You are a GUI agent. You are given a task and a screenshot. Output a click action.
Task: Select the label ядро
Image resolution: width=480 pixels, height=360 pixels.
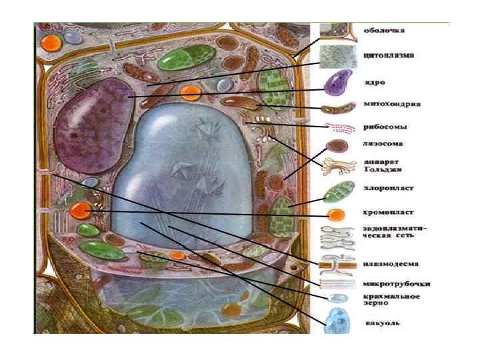pos(373,84)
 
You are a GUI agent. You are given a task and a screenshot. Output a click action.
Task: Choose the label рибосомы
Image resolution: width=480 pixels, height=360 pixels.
pos(385,127)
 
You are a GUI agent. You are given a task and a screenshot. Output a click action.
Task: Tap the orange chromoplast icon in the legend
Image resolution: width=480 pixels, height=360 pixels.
pos(335,215)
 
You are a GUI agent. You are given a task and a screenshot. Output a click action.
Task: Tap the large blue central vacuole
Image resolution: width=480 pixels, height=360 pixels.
pos(180,173)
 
